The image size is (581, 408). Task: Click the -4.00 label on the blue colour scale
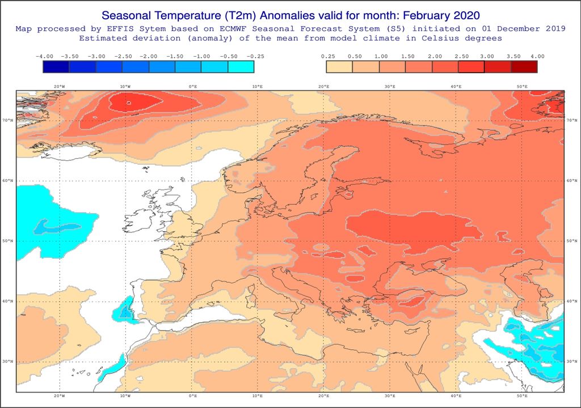click(44, 56)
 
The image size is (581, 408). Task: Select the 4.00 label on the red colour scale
click(537, 56)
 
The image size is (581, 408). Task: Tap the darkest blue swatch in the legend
click(56, 66)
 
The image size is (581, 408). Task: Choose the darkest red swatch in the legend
click(524, 66)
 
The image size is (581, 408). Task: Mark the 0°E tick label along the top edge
click(193, 86)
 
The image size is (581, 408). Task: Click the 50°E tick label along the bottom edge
click(522, 396)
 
